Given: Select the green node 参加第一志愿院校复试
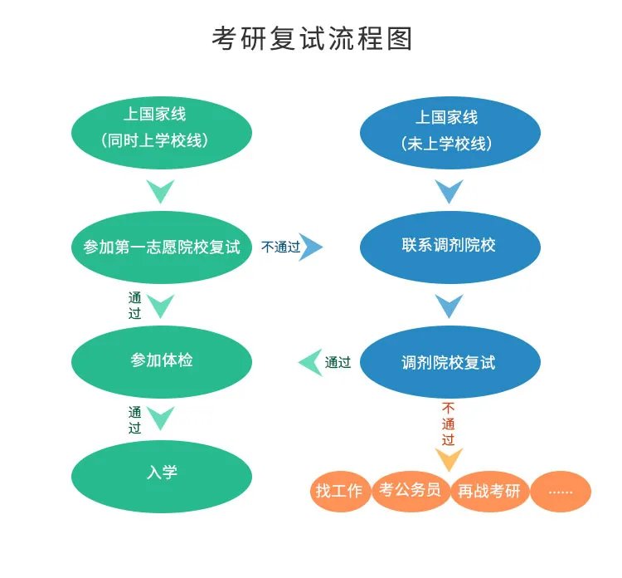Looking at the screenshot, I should [x=161, y=247].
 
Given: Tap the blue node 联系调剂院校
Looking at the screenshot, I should [x=449, y=246].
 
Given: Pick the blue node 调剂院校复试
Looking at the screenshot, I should [x=449, y=362].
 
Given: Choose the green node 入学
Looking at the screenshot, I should [x=161, y=473].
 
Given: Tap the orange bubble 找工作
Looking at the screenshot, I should [x=339, y=491].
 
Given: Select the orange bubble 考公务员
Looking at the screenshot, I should [x=410, y=489].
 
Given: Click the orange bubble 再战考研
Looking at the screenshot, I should [x=489, y=491].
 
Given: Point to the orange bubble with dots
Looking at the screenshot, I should [x=561, y=491].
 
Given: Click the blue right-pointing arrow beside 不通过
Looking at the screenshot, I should [x=311, y=247].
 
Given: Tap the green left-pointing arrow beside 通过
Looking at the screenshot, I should [x=310, y=362].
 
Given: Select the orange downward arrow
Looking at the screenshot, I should [x=449, y=459].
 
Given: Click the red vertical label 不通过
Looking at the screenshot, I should [x=449, y=424].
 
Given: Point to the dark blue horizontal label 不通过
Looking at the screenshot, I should [x=280, y=247].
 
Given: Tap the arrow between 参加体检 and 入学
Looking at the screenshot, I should [x=161, y=418].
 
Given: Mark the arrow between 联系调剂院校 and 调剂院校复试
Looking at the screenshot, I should [x=449, y=306].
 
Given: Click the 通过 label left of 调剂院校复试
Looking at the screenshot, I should [x=338, y=362].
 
